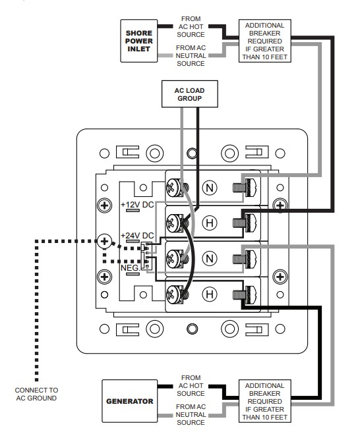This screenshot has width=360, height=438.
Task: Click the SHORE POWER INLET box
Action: tap(138, 41)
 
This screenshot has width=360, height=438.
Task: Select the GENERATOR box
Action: tap(129, 401)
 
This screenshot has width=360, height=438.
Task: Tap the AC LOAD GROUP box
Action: tap(190, 94)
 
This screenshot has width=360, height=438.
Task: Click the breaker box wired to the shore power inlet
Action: tap(264, 41)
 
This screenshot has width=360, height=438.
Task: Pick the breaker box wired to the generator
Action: tap(264, 401)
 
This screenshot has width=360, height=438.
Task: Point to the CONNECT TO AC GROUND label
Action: tap(36, 394)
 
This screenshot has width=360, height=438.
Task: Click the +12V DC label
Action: tap(137, 205)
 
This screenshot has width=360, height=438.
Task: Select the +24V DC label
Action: tap(137, 236)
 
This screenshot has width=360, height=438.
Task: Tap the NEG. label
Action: tap(130, 268)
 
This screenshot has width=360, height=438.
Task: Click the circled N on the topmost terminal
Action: tap(210, 188)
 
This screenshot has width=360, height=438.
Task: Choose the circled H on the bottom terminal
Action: tap(210, 294)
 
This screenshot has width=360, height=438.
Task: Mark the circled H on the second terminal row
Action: tap(210, 223)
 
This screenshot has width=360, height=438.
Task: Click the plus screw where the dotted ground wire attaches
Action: tap(104, 241)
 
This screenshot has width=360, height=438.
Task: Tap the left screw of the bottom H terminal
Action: tap(174, 294)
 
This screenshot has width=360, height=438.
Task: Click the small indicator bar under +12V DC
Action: tap(133, 210)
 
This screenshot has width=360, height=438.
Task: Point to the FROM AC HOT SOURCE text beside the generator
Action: tap(191, 385)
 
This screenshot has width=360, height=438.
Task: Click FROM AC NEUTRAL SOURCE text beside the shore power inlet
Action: tap(191, 55)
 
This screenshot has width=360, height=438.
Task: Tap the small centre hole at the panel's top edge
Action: tap(192, 153)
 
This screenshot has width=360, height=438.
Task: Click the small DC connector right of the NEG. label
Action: tap(147, 256)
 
